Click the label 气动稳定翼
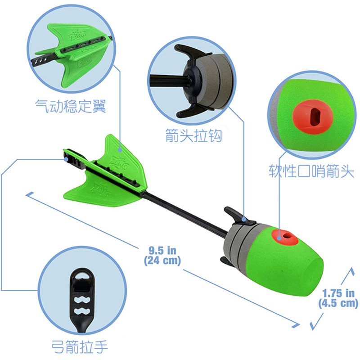(x=71, y=106)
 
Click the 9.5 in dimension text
(x=162, y=251)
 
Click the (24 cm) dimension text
(x=162, y=260)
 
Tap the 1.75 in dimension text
(x=338, y=293)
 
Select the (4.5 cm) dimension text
(x=338, y=303)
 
